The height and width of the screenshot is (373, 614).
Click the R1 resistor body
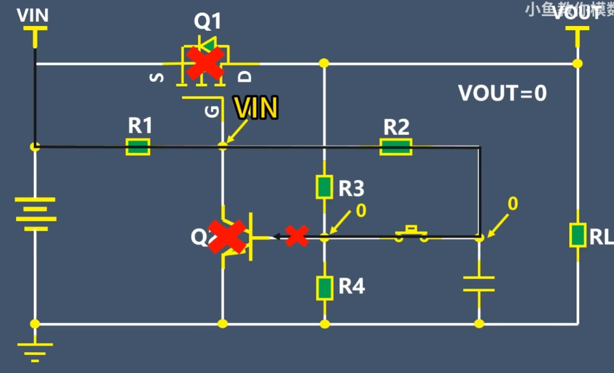pos(138,147)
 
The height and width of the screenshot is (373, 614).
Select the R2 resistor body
pos(396,147)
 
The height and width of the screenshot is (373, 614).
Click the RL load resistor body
pos(577,235)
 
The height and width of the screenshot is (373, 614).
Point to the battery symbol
pos(35,214)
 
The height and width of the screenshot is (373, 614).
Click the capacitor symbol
pos(479,284)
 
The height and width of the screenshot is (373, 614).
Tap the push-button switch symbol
pos(412,234)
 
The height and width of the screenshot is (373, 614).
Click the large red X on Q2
pos(227,237)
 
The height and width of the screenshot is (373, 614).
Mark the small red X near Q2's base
pos(297,236)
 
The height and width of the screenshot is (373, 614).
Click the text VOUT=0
pos(502,93)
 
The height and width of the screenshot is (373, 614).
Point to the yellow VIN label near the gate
pos(255,108)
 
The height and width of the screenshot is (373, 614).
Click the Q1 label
pos(208,22)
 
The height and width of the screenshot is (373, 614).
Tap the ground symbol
pos(35,350)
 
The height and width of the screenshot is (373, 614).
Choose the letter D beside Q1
pos(246,77)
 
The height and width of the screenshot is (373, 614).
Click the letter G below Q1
pos(212,111)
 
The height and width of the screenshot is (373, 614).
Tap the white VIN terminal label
pos(33,16)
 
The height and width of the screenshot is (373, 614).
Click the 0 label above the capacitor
pos(513,204)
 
